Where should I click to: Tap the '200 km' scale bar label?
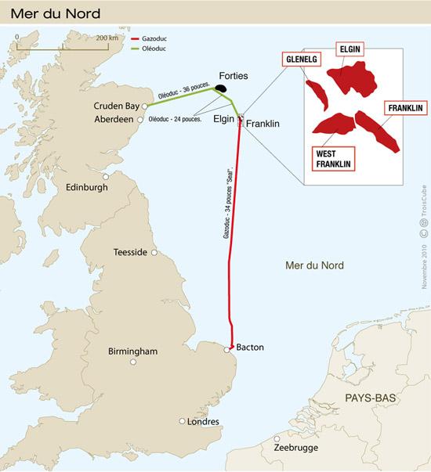click(x=109, y=37)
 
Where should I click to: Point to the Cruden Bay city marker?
click(x=145, y=106)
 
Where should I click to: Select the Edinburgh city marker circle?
click(x=106, y=177)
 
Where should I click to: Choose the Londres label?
click(x=205, y=421)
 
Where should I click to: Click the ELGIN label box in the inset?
click(x=349, y=49)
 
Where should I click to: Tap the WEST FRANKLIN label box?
click(x=331, y=159)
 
